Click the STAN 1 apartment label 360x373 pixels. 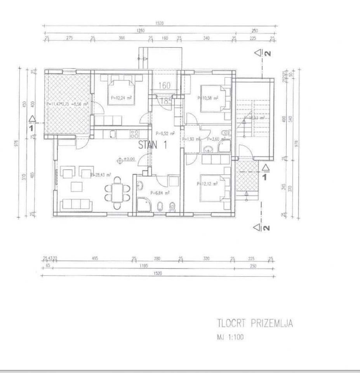pyautogui.click(x=148, y=146)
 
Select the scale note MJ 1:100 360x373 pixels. pyautogui.click(x=230, y=337)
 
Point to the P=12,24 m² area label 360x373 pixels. pyautogui.click(x=121, y=98)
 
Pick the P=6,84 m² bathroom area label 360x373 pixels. pyautogui.click(x=160, y=192)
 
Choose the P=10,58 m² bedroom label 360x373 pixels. pyautogui.click(x=208, y=98)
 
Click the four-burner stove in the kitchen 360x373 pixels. pyautogui.click(x=134, y=134)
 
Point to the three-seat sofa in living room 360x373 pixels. pyautogui.click(x=75, y=204)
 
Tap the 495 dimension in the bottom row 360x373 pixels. pyautogui.click(x=94, y=258)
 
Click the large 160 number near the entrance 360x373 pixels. pyautogui.click(x=165, y=85)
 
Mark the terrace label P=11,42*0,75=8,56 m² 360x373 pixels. pyautogui.click(x=67, y=104)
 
